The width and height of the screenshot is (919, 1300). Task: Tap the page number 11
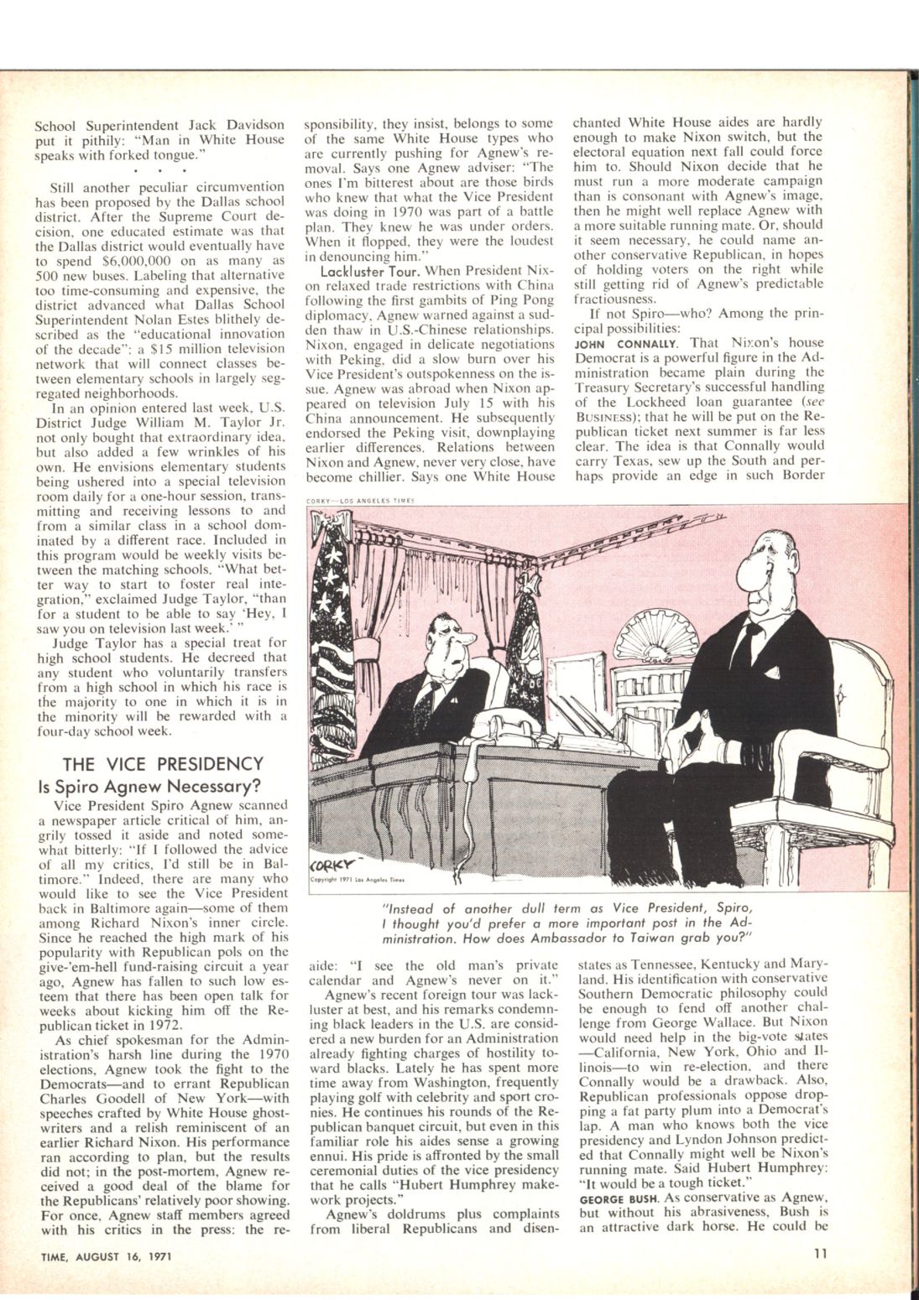(820, 1255)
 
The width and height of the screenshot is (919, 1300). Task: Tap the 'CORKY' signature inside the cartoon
(332, 863)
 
